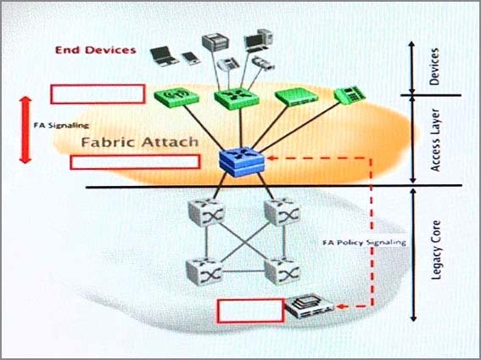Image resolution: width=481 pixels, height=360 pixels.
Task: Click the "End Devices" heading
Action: (x=96, y=50)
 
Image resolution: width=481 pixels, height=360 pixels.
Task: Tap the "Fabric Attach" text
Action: (x=140, y=142)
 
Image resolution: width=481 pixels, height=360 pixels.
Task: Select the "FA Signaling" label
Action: (x=61, y=125)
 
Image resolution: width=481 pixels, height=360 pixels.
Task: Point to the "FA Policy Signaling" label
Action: (x=364, y=243)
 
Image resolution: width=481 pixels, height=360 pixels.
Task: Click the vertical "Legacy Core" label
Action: (x=435, y=250)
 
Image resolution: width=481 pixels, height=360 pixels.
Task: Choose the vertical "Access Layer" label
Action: (x=435, y=140)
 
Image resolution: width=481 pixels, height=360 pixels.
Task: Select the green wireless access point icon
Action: (x=176, y=98)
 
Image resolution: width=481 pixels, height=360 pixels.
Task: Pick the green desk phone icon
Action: (x=350, y=94)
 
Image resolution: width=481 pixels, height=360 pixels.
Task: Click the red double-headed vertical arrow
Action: (x=25, y=130)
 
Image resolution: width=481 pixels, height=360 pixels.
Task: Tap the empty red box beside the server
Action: (x=250, y=311)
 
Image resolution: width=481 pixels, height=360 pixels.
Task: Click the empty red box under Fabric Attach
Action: (x=135, y=162)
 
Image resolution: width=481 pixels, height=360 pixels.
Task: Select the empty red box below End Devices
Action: (x=98, y=94)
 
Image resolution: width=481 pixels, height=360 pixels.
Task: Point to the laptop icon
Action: (x=164, y=57)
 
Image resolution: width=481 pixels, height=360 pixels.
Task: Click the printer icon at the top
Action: (x=215, y=42)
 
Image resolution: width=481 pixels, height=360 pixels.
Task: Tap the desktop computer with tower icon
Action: (x=258, y=40)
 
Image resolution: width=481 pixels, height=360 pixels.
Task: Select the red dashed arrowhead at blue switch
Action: (x=271, y=158)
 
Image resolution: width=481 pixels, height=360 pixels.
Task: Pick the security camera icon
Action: (x=263, y=63)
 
